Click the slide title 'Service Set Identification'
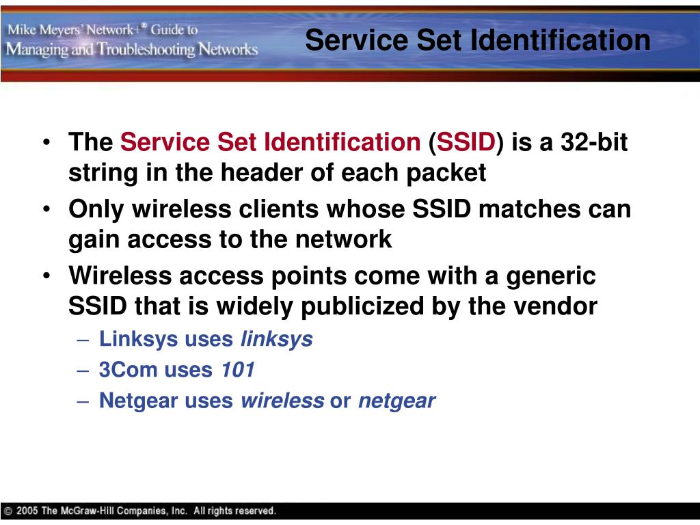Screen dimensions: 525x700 click(477, 40)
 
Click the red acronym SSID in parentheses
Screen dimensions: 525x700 click(466, 143)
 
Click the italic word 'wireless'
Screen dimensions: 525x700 click(282, 401)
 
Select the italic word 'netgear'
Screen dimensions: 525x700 click(396, 401)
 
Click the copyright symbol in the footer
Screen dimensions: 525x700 click(8, 511)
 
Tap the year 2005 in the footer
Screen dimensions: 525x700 click(27, 511)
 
